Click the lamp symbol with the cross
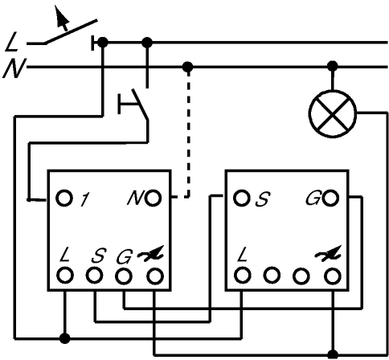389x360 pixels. (x=333, y=114)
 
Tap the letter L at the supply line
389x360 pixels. (x=12, y=42)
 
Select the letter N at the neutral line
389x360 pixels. (x=14, y=68)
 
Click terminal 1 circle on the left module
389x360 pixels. (x=64, y=198)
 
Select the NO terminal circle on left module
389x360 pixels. (x=154, y=198)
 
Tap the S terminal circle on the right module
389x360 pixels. (x=242, y=198)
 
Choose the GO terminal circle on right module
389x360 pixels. (x=330, y=198)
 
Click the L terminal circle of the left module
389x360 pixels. (x=65, y=276)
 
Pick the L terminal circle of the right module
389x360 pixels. (x=243, y=276)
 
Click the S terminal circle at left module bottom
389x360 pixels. (x=94, y=276)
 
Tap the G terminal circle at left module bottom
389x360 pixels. (x=124, y=276)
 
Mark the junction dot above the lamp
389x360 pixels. (x=333, y=66)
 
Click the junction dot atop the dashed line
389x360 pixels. (x=187, y=67)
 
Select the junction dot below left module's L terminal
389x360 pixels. (x=64, y=338)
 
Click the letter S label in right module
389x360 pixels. (x=263, y=199)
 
